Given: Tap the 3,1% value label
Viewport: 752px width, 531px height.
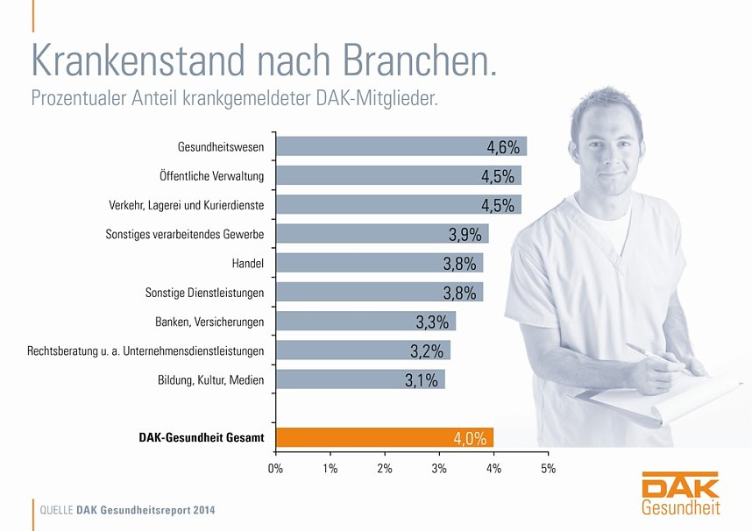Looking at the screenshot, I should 422,380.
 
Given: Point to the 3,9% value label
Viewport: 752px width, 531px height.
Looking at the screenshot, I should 465,234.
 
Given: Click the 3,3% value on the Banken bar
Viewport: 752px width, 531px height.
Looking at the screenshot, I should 433,322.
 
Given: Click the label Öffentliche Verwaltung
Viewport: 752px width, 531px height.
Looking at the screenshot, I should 211,176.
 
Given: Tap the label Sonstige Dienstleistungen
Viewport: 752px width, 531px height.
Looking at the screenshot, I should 204,292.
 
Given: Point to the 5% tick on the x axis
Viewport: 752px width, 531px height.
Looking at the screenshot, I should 549,469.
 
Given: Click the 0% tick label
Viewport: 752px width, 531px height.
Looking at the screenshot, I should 276,469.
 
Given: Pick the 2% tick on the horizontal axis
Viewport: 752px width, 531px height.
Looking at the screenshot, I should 385,469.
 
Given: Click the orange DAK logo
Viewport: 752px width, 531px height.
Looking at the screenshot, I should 680,485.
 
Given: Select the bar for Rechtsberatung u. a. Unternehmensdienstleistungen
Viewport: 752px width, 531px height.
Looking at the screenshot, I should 363,350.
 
